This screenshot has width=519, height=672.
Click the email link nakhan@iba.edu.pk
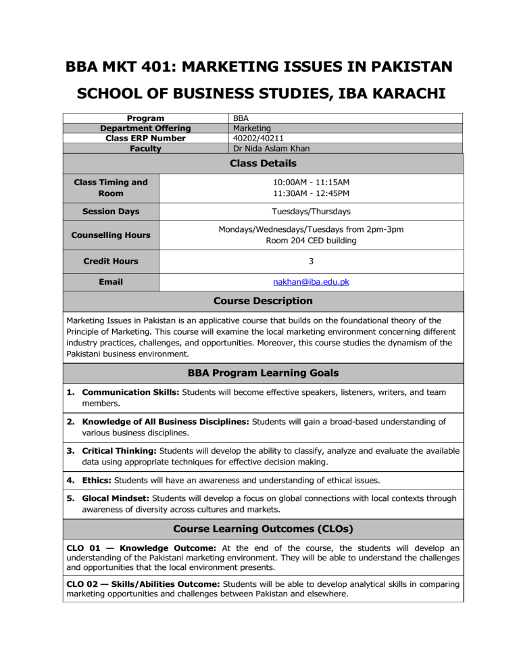pyautogui.click(x=312, y=281)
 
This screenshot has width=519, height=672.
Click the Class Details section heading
pyautogui.click(x=264, y=163)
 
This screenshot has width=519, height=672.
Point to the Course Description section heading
pyautogui.click(x=264, y=301)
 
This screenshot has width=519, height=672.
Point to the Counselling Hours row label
pyautogui.click(x=112, y=235)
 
